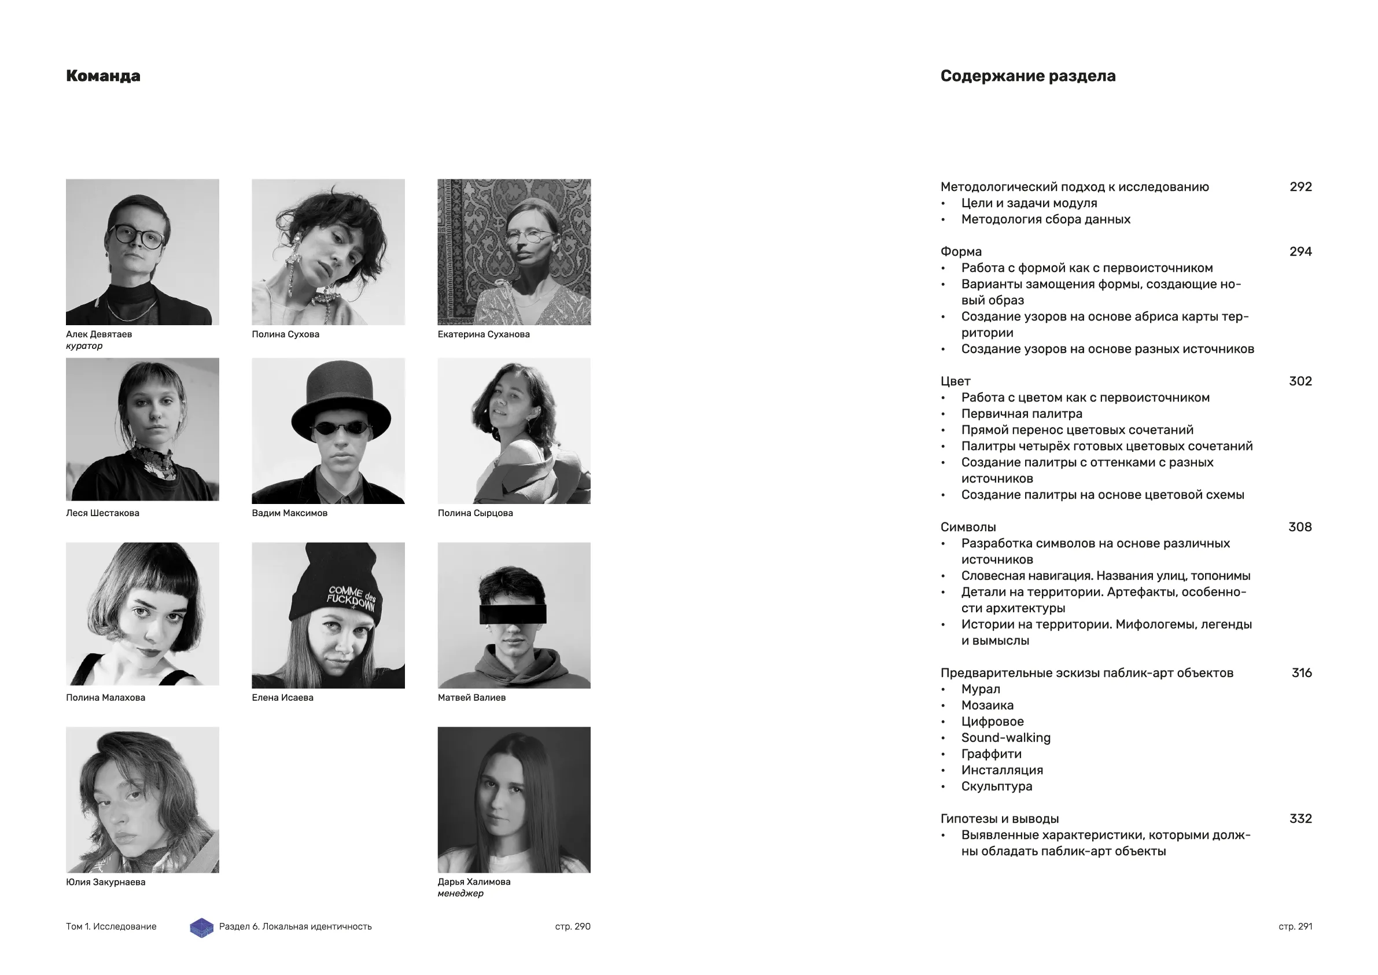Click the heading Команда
(103, 76)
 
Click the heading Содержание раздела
(1027, 76)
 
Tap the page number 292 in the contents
(1300, 187)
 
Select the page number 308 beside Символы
(1299, 527)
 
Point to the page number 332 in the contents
(1300, 819)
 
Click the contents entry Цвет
(956, 381)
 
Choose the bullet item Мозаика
(988, 705)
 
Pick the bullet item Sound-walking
(1006, 738)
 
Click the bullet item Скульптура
(997, 786)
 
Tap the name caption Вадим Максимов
(289, 513)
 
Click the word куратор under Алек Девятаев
(84, 346)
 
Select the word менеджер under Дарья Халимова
(460, 893)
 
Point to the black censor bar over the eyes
(513, 613)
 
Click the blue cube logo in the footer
(202, 928)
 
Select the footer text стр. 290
(573, 926)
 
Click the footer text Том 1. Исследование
(111, 926)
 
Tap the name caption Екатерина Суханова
(483, 334)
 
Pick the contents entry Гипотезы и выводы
(999, 819)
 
